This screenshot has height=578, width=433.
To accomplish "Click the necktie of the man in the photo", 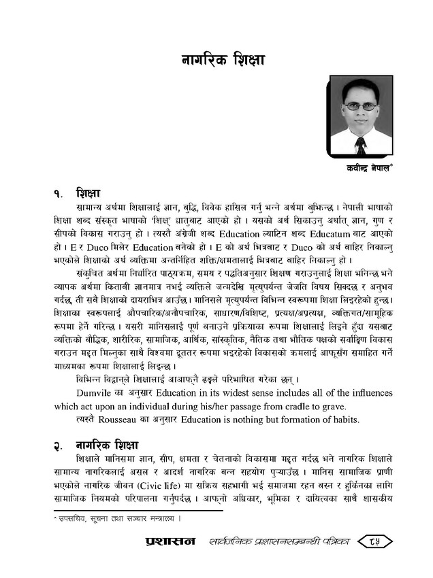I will coord(361,144).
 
